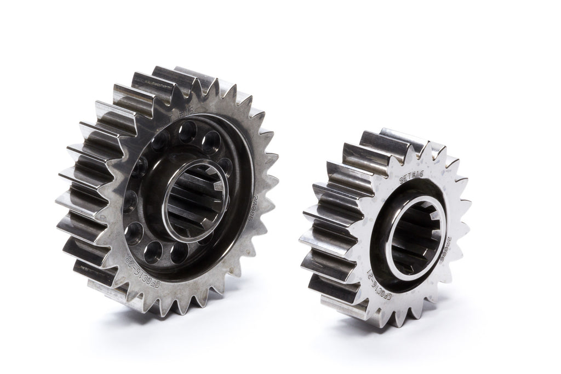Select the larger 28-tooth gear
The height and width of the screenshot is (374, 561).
[164, 192]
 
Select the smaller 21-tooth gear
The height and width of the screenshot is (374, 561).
[386, 225]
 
